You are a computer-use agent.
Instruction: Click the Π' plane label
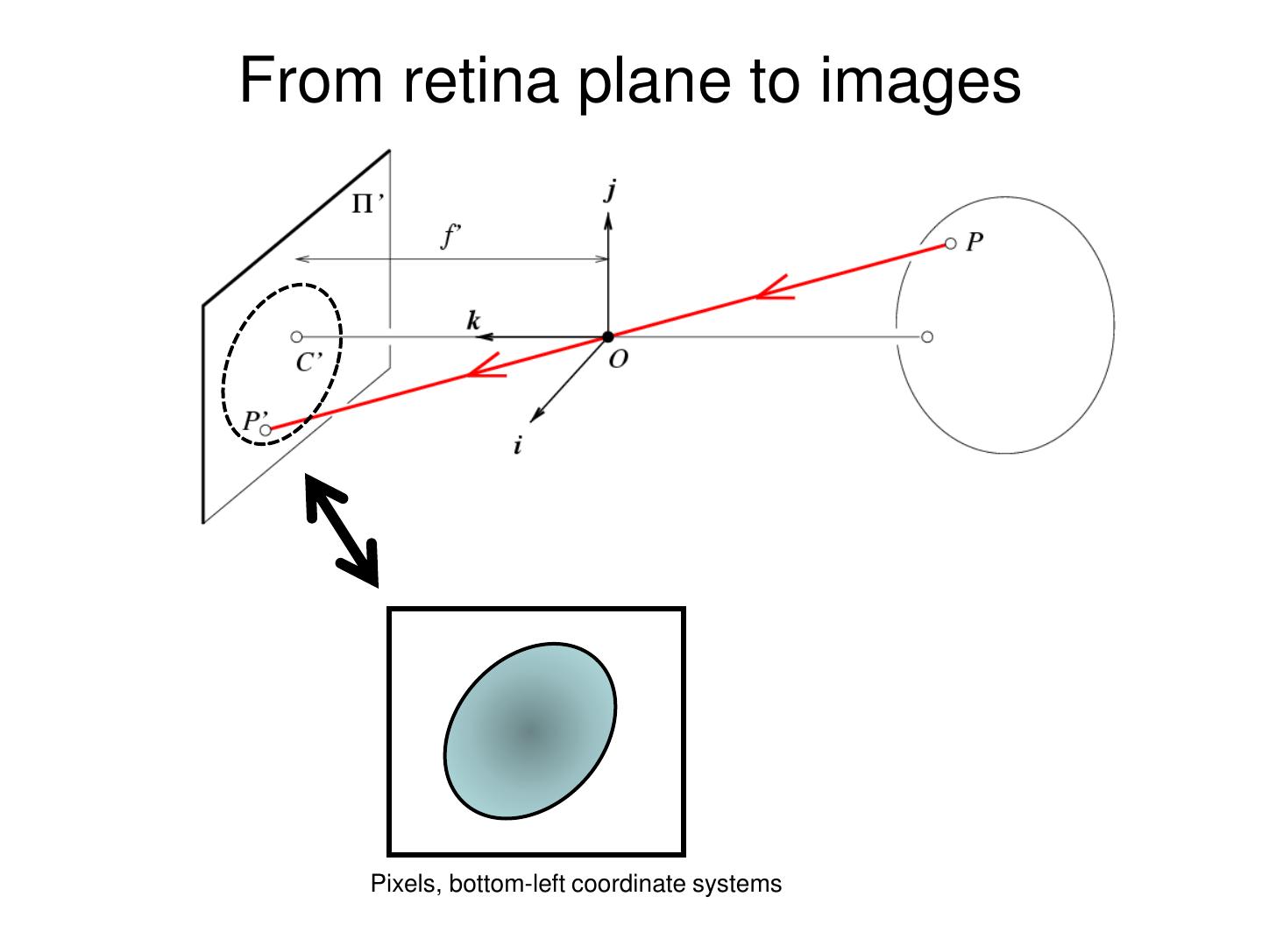coord(367,205)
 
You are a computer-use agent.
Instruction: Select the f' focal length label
coord(450,236)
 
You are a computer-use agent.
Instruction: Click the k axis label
coord(473,321)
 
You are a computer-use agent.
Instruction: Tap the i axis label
coord(518,446)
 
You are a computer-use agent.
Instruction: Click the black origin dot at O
coord(608,337)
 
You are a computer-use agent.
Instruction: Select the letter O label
coord(619,359)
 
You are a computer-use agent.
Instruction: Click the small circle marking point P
coord(951,244)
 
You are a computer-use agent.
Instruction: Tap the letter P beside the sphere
coord(975,243)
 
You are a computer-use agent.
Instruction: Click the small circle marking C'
coord(296,337)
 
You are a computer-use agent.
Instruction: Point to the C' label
coord(308,363)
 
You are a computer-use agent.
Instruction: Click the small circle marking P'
coord(266,430)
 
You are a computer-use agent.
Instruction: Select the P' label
coord(255,420)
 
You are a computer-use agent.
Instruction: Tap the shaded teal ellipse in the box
coord(530,731)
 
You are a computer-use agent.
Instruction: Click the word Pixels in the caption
coord(403,884)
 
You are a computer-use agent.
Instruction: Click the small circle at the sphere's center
coord(927,337)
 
